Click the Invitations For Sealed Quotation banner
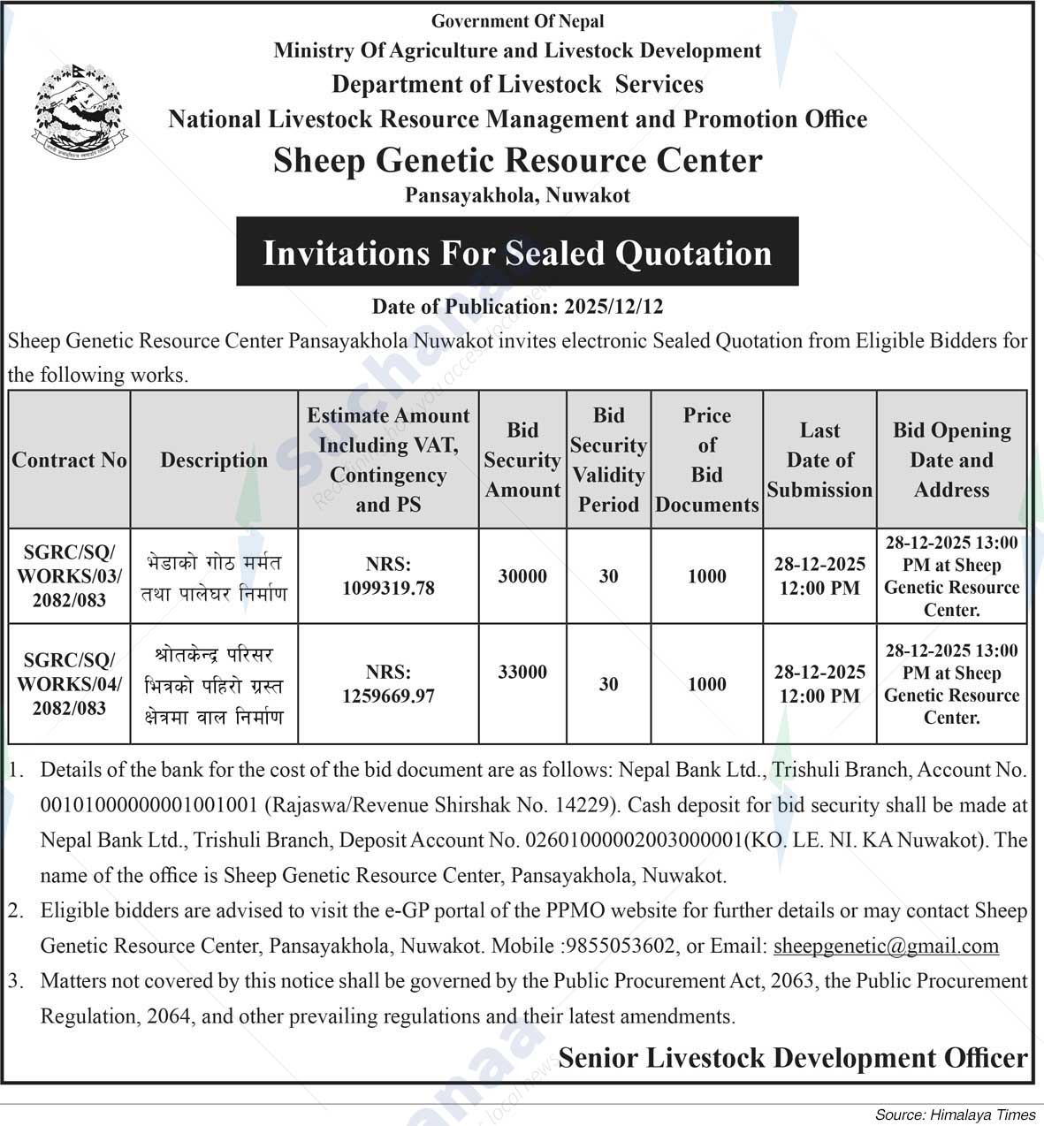click(x=517, y=253)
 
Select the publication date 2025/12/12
click(x=613, y=307)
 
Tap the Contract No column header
click(x=69, y=460)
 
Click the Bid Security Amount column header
click(x=522, y=460)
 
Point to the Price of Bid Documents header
click(x=706, y=460)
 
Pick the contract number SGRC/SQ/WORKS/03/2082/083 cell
click(x=69, y=576)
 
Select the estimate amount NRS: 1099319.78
click(x=388, y=576)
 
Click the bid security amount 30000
click(x=522, y=576)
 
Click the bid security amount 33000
click(x=522, y=672)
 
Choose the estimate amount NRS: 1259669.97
click(x=388, y=684)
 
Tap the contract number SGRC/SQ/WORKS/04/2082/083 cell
click(x=69, y=684)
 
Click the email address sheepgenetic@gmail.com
click(x=886, y=946)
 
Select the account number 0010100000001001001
click(x=149, y=805)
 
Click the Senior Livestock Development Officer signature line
click(x=792, y=1058)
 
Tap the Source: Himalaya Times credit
click(x=955, y=1115)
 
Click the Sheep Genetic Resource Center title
click(x=517, y=161)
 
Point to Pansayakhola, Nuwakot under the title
click(x=517, y=195)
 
